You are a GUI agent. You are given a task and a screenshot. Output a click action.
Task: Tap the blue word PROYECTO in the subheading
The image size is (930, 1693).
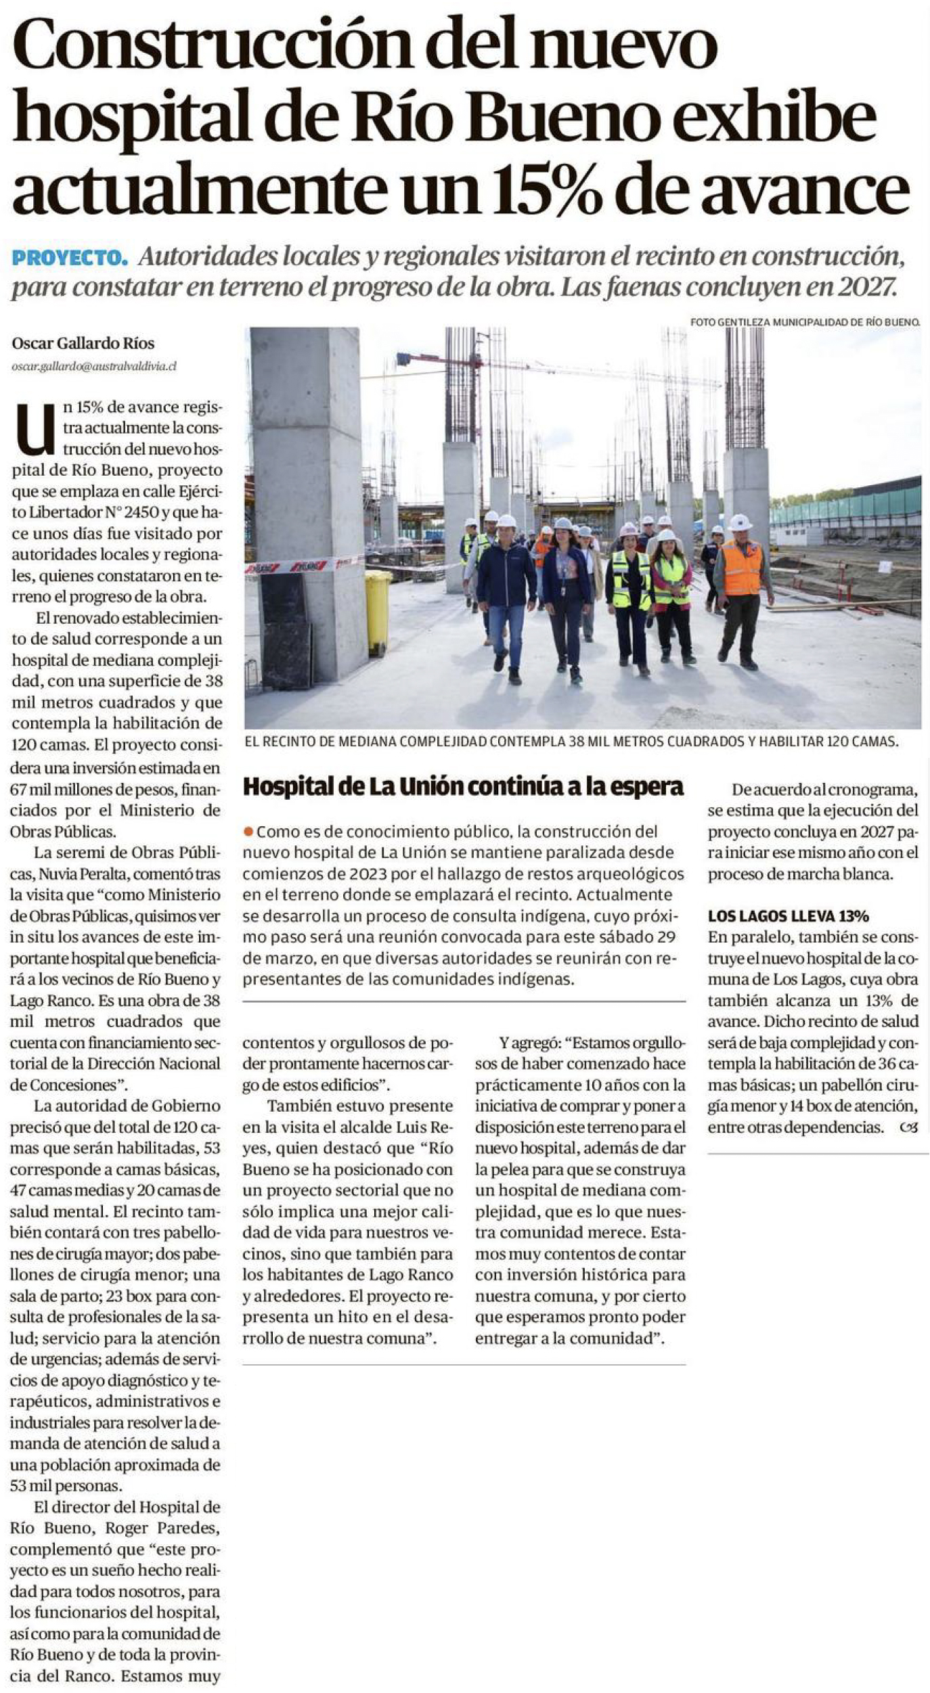click(x=69, y=258)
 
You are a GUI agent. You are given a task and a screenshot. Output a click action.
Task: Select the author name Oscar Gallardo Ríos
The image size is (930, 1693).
click(x=83, y=344)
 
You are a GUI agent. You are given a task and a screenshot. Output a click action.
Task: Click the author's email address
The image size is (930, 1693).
click(x=94, y=366)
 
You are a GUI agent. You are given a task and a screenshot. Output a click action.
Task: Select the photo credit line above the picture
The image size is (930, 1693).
click(x=805, y=323)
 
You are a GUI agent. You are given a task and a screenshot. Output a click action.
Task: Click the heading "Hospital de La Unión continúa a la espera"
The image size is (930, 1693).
click(x=464, y=787)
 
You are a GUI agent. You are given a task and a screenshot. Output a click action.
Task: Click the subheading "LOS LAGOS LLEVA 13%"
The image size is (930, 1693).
click(x=789, y=916)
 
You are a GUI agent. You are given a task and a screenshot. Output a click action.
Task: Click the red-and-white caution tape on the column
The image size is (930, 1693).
click(x=305, y=564)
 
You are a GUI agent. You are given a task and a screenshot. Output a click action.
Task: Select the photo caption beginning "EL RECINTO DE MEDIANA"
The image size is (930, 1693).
click(x=571, y=742)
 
